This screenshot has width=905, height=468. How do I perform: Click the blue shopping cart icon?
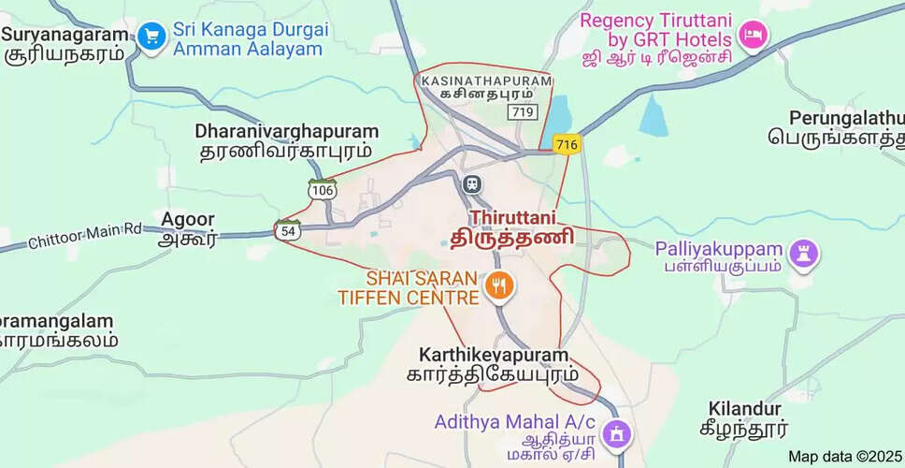[x=151, y=37]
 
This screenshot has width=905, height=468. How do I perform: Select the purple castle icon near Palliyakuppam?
[x=804, y=251]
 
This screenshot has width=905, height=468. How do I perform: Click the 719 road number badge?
[x=521, y=112]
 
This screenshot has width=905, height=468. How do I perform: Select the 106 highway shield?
[x=323, y=189]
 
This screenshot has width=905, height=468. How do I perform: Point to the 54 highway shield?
[x=287, y=229]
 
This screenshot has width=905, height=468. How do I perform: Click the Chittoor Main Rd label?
[x=84, y=234]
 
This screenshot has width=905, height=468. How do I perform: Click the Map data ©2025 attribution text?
[x=844, y=457]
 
